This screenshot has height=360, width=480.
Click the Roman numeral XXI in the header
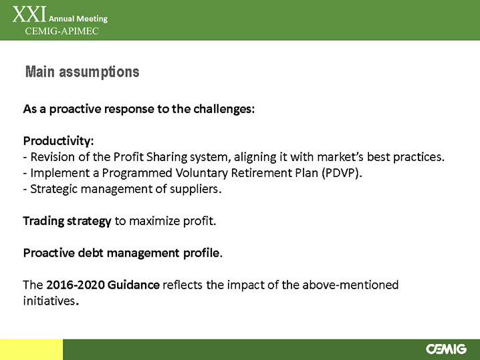[x=29, y=15]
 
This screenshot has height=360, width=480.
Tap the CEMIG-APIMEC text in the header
[x=62, y=31]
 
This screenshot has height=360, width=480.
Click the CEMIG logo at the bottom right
[x=446, y=349]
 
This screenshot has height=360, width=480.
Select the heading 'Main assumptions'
[x=82, y=72]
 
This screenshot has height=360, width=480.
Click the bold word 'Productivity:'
[x=58, y=141]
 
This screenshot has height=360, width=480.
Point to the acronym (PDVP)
[x=342, y=173]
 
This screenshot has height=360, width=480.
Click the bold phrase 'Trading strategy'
[x=67, y=221]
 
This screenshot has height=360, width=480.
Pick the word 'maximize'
[x=154, y=221]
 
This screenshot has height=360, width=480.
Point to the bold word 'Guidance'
[x=134, y=285]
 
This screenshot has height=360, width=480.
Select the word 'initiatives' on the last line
[x=49, y=301]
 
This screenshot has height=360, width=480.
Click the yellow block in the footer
[x=31, y=349]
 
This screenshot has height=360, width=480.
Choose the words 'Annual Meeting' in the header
[x=78, y=19]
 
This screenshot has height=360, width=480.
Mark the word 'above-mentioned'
[x=350, y=285]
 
